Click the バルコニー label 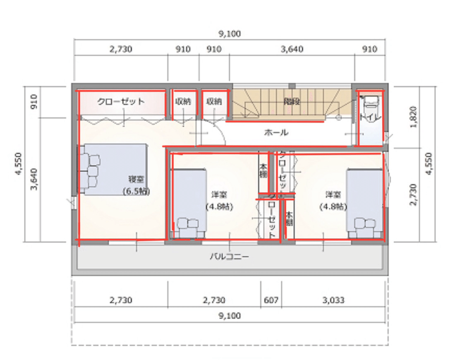(229, 257)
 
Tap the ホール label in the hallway (276, 133)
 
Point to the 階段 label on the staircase (292, 101)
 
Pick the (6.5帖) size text (136, 191)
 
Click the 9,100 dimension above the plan (230, 34)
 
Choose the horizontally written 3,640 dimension (292, 49)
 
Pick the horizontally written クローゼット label (121, 101)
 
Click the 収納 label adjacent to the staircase (214, 101)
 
